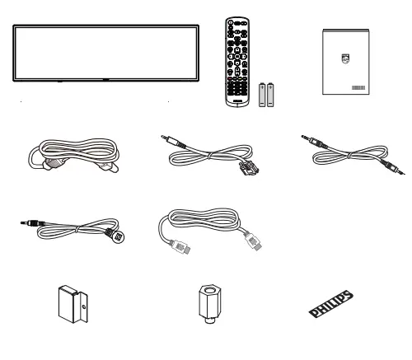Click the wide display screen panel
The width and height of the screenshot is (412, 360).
105,52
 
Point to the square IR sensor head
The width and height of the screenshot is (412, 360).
121,235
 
